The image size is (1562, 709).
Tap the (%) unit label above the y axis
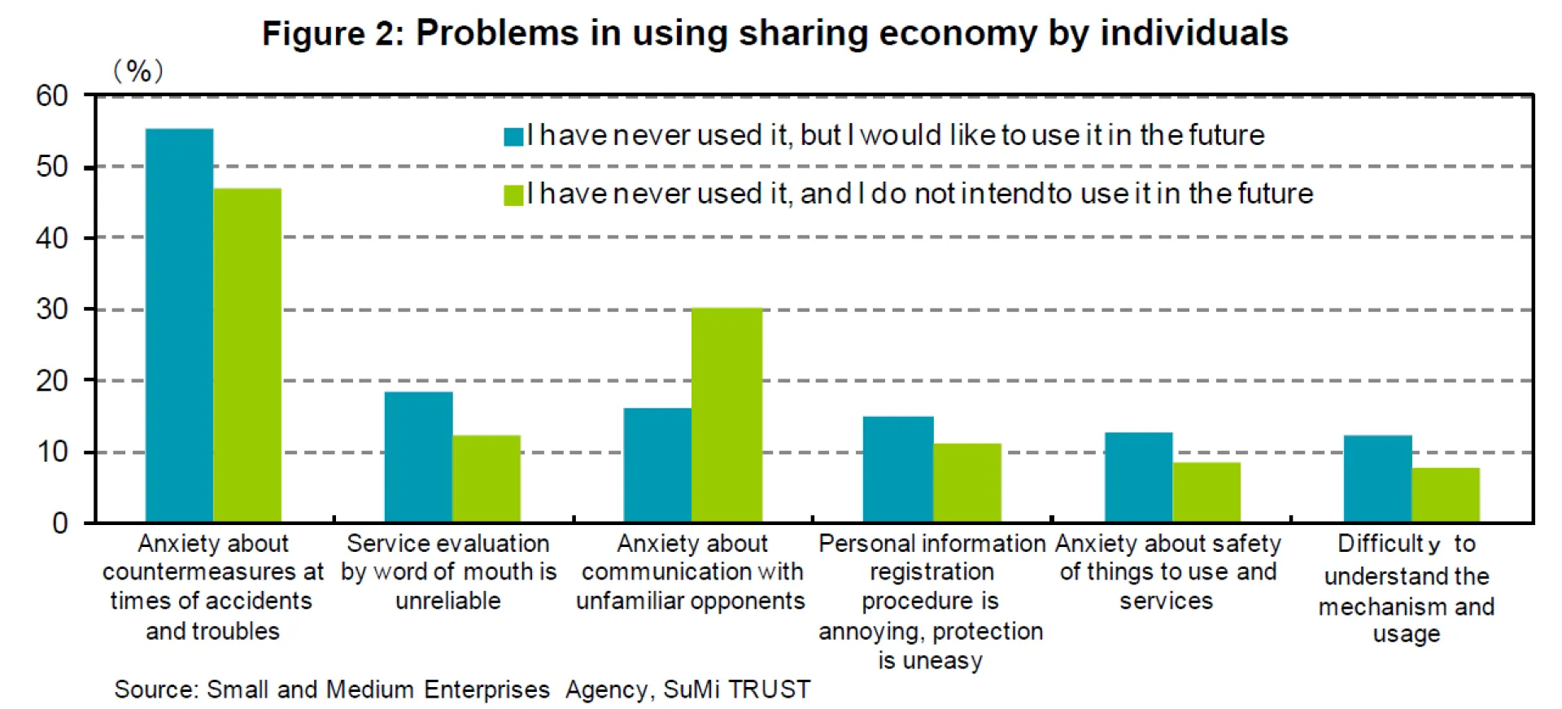[x=138, y=72]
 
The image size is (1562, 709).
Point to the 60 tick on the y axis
[x=52, y=96]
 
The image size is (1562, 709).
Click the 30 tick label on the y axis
[x=52, y=309]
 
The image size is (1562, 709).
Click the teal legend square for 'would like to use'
[x=513, y=136]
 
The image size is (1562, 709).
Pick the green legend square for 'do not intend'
[x=513, y=195]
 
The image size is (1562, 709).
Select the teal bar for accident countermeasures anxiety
[x=179, y=325]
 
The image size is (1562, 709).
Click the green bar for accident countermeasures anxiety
[x=247, y=355]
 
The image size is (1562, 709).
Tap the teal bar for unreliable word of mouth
[x=418, y=457]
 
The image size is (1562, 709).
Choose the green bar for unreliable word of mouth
[x=486, y=479]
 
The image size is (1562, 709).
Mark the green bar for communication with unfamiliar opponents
[x=726, y=414]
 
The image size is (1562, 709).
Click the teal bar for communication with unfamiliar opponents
[x=657, y=465]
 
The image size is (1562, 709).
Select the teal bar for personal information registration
[x=897, y=469]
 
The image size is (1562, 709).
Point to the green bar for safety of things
[x=1206, y=492]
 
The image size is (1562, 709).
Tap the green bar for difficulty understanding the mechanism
[x=1446, y=494]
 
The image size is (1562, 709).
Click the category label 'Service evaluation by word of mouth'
[x=448, y=571]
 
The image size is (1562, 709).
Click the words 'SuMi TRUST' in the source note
[x=736, y=689]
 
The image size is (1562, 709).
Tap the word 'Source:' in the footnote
[x=156, y=689]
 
